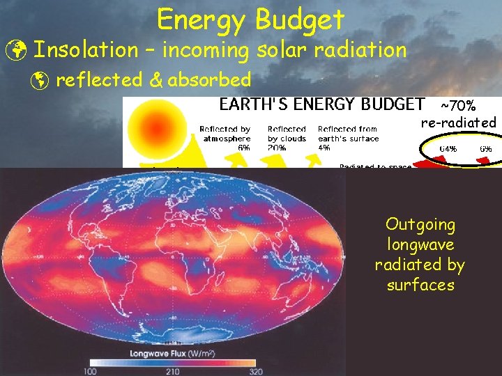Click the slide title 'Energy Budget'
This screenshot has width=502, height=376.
click(x=251, y=19)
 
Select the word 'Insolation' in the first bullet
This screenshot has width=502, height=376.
click(x=86, y=50)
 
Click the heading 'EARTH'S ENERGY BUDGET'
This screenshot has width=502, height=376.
click(x=322, y=105)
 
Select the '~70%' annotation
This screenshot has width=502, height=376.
click(x=457, y=106)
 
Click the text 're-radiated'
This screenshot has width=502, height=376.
click(x=458, y=123)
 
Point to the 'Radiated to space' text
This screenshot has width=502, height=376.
click(x=374, y=166)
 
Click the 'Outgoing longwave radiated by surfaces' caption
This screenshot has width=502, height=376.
click(x=420, y=255)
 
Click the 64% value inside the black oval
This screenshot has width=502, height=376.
click(x=447, y=149)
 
